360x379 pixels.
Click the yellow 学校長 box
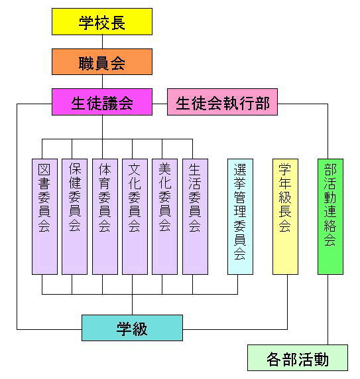pyautogui.click(x=102, y=22)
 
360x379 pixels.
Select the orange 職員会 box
pyautogui.click(x=102, y=62)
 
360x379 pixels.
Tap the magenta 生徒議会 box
pyautogui.click(x=102, y=102)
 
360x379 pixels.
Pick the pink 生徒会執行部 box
pyautogui.click(x=222, y=102)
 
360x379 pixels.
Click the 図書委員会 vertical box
pyautogui.click(x=44, y=216)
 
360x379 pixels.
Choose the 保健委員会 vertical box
pyautogui.click(x=75, y=216)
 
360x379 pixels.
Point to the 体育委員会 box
pyautogui.click(x=105, y=216)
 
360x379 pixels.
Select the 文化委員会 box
pyautogui.click(x=135, y=216)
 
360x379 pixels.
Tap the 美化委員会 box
pyautogui.click(x=164, y=216)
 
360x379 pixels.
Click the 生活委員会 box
pyautogui.click(x=195, y=216)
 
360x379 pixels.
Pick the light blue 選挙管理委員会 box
pyautogui.click(x=240, y=216)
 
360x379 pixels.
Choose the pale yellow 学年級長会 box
pyautogui.click(x=285, y=216)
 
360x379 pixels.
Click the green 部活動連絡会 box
pyautogui.click(x=330, y=216)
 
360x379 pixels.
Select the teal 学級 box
pyautogui.click(x=132, y=328)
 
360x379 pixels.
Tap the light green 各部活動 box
pyautogui.click(x=298, y=358)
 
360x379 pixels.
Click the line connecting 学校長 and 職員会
pyautogui.click(x=102, y=42)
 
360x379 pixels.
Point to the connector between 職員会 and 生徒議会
pyautogui.click(x=102, y=82)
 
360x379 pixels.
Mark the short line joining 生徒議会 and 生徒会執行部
pyautogui.click(x=160, y=104)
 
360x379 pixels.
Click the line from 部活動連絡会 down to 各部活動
pyautogui.click(x=328, y=309)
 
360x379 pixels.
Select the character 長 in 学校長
pyautogui.click(x=118, y=23)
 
